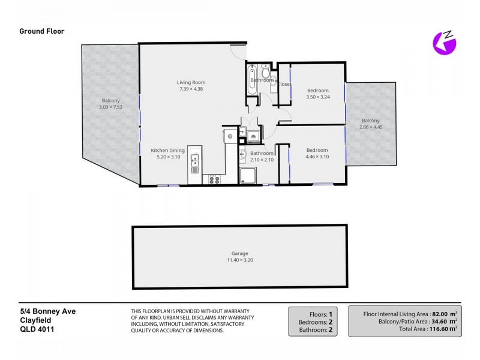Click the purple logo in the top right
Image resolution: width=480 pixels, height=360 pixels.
point(445,42)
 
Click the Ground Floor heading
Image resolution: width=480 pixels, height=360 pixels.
point(42,31)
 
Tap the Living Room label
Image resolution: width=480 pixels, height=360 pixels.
point(191,82)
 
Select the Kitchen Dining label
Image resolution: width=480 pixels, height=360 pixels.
point(168,150)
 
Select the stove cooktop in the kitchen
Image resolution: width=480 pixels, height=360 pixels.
point(214,179)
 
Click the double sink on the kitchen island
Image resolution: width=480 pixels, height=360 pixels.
point(195,163)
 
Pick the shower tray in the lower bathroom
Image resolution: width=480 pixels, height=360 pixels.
point(247,175)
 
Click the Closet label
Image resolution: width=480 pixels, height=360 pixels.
point(284,85)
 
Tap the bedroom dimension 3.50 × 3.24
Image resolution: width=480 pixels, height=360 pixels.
point(317,97)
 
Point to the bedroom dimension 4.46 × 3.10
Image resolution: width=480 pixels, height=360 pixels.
point(317,157)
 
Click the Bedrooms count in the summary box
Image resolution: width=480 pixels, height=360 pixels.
point(329,322)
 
